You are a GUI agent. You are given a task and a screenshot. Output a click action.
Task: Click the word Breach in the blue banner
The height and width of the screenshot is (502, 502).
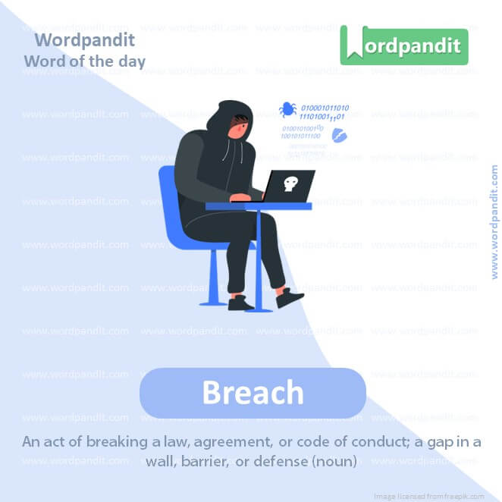click(x=253, y=393)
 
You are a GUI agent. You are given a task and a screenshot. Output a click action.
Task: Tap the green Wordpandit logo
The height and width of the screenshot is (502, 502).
click(x=404, y=45)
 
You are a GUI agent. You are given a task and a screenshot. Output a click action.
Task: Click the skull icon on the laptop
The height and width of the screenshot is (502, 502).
click(x=288, y=184)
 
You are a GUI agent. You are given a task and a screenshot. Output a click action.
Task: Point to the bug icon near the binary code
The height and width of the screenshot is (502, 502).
click(x=288, y=110)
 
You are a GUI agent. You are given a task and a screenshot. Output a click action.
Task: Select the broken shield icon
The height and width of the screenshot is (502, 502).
click(x=340, y=136)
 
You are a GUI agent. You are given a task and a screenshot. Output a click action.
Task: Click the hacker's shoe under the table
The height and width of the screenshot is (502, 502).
click(x=241, y=303)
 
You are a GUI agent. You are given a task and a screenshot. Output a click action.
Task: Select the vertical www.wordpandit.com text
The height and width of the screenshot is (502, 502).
click(x=494, y=221)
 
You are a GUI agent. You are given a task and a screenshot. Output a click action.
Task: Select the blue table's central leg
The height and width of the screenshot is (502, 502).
click(x=259, y=258)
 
